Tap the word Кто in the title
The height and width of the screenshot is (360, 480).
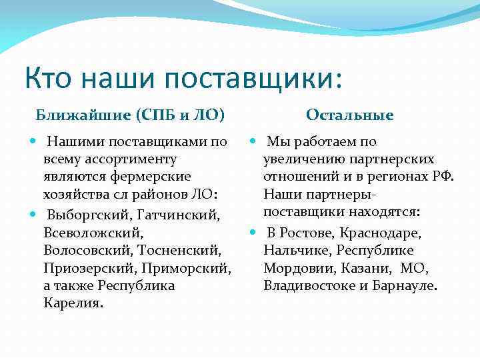tap(49, 78)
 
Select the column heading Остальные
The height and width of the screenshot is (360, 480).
tap(350, 115)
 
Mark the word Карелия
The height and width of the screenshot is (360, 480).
tap(73, 303)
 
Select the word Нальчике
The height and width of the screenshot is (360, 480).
tap(293, 251)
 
